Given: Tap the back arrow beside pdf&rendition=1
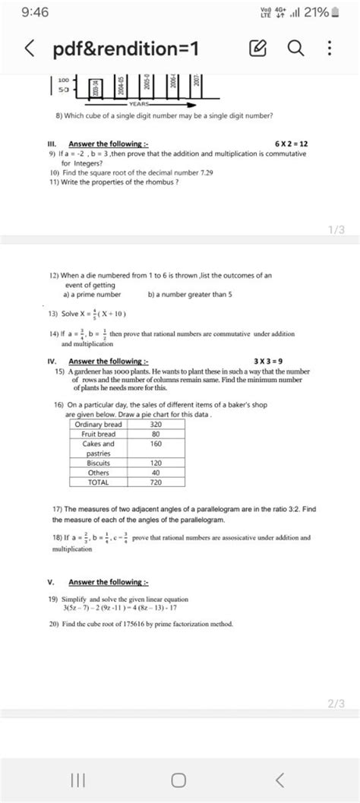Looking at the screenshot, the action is click(29, 50).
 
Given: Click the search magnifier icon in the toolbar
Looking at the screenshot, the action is click(296, 49).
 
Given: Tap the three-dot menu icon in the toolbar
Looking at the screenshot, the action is click(329, 49).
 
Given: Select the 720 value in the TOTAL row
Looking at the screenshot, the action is click(156, 482).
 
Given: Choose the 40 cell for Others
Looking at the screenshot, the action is click(156, 472).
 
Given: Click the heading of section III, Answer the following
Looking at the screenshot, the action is click(108, 144).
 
